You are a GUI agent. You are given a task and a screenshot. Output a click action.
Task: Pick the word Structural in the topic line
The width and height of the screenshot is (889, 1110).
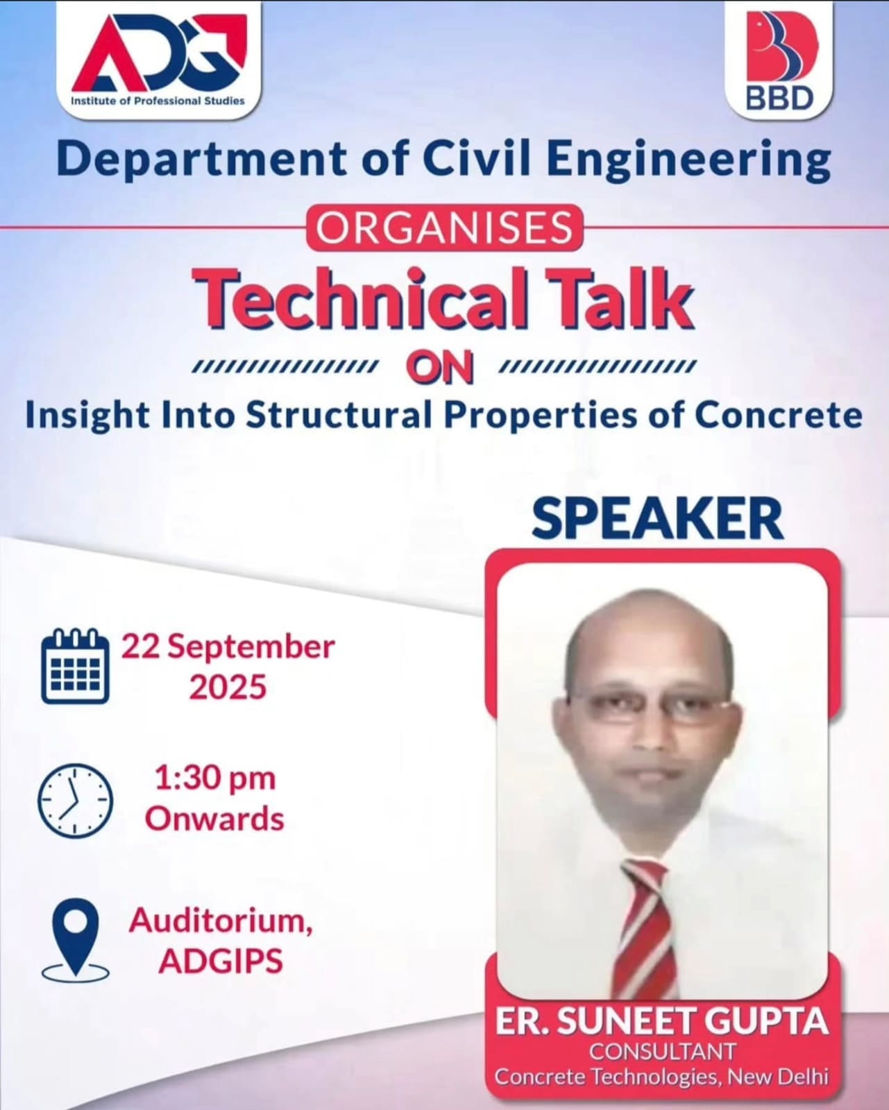[x=339, y=416]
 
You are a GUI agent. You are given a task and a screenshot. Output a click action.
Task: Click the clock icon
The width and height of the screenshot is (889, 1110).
[x=76, y=801]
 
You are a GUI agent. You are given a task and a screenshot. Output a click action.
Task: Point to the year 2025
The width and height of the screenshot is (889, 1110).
[x=228, y=688]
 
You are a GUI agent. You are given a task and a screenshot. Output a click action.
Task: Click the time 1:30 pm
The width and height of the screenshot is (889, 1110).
[x=215, y=779]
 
